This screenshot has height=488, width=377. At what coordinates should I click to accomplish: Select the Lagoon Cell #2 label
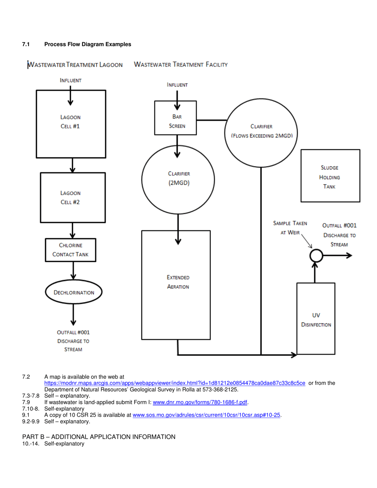[70, 197]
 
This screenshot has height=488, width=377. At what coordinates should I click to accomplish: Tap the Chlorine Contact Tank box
[71, 250]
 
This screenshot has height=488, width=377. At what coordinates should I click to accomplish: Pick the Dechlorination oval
[74, 292]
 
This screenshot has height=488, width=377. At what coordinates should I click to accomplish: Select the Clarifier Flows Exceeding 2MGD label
[261, 131]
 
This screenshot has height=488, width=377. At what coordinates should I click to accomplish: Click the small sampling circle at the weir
[315, 256]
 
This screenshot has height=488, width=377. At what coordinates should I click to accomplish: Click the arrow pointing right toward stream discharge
[337, 256]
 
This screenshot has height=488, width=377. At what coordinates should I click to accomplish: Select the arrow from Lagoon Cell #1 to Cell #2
[72, 165]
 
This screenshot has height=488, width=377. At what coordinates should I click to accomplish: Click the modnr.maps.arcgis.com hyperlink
[175, 383]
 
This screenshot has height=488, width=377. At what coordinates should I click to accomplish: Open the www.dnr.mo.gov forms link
[200, 403]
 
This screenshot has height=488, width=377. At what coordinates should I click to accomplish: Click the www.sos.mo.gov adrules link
[206, 415]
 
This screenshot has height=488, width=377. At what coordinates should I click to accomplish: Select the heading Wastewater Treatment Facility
[181, 64]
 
